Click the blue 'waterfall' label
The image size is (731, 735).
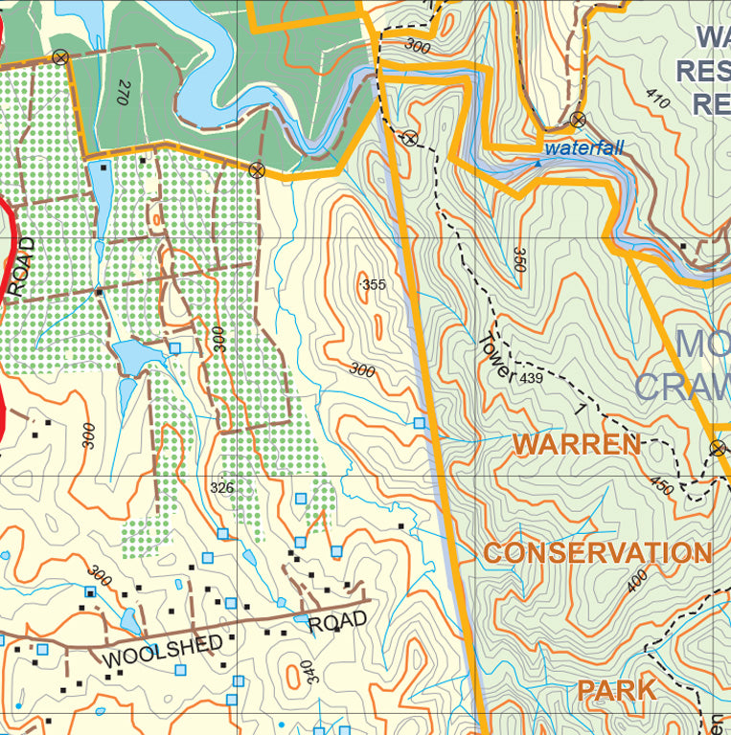tap(583, 148)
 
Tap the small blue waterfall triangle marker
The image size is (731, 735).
tap(537, 163)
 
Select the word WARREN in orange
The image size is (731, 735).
tap(576, 444)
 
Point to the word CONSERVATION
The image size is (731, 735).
tap(597, 553)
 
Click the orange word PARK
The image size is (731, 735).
tap(616, 690)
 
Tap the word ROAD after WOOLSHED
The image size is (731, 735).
tap(337, 622)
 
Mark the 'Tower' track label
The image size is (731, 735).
tap(496, 357)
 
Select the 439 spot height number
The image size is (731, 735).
tap(531, 380)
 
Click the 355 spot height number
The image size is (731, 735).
tap(374, 284)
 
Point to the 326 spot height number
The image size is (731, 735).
tap(221, 488)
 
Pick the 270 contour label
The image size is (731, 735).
tap(123, 92)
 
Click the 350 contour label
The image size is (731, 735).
tap(520, 259)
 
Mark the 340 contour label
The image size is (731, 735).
tap(307, 673)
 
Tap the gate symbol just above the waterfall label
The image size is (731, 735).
tap(578, 120)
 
